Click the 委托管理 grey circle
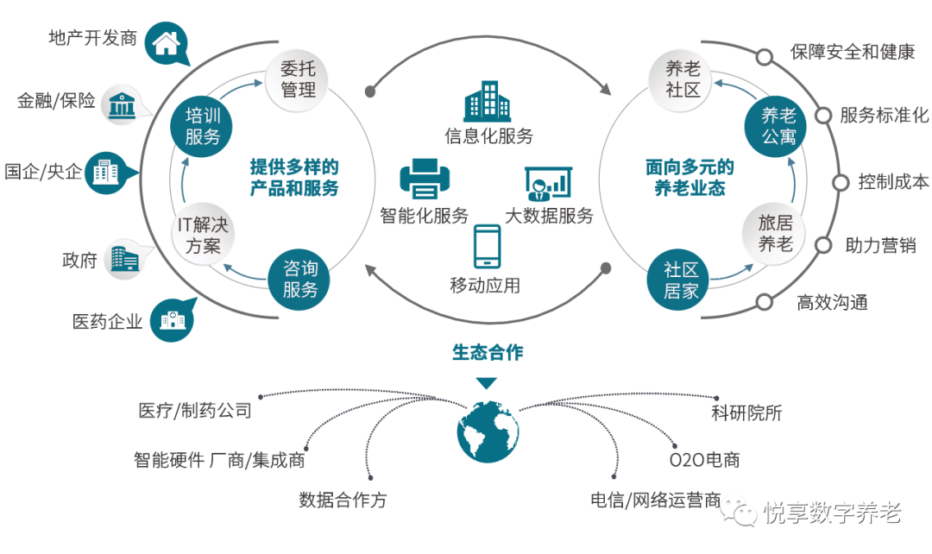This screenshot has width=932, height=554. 298,79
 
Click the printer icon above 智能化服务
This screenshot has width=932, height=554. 425,179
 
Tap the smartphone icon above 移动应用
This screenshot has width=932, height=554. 488,247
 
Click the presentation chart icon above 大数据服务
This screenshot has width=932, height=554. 548,183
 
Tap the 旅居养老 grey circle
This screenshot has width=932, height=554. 775,234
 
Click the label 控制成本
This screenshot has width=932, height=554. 893,182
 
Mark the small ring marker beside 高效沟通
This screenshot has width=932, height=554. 764,301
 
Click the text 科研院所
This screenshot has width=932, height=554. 746,412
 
